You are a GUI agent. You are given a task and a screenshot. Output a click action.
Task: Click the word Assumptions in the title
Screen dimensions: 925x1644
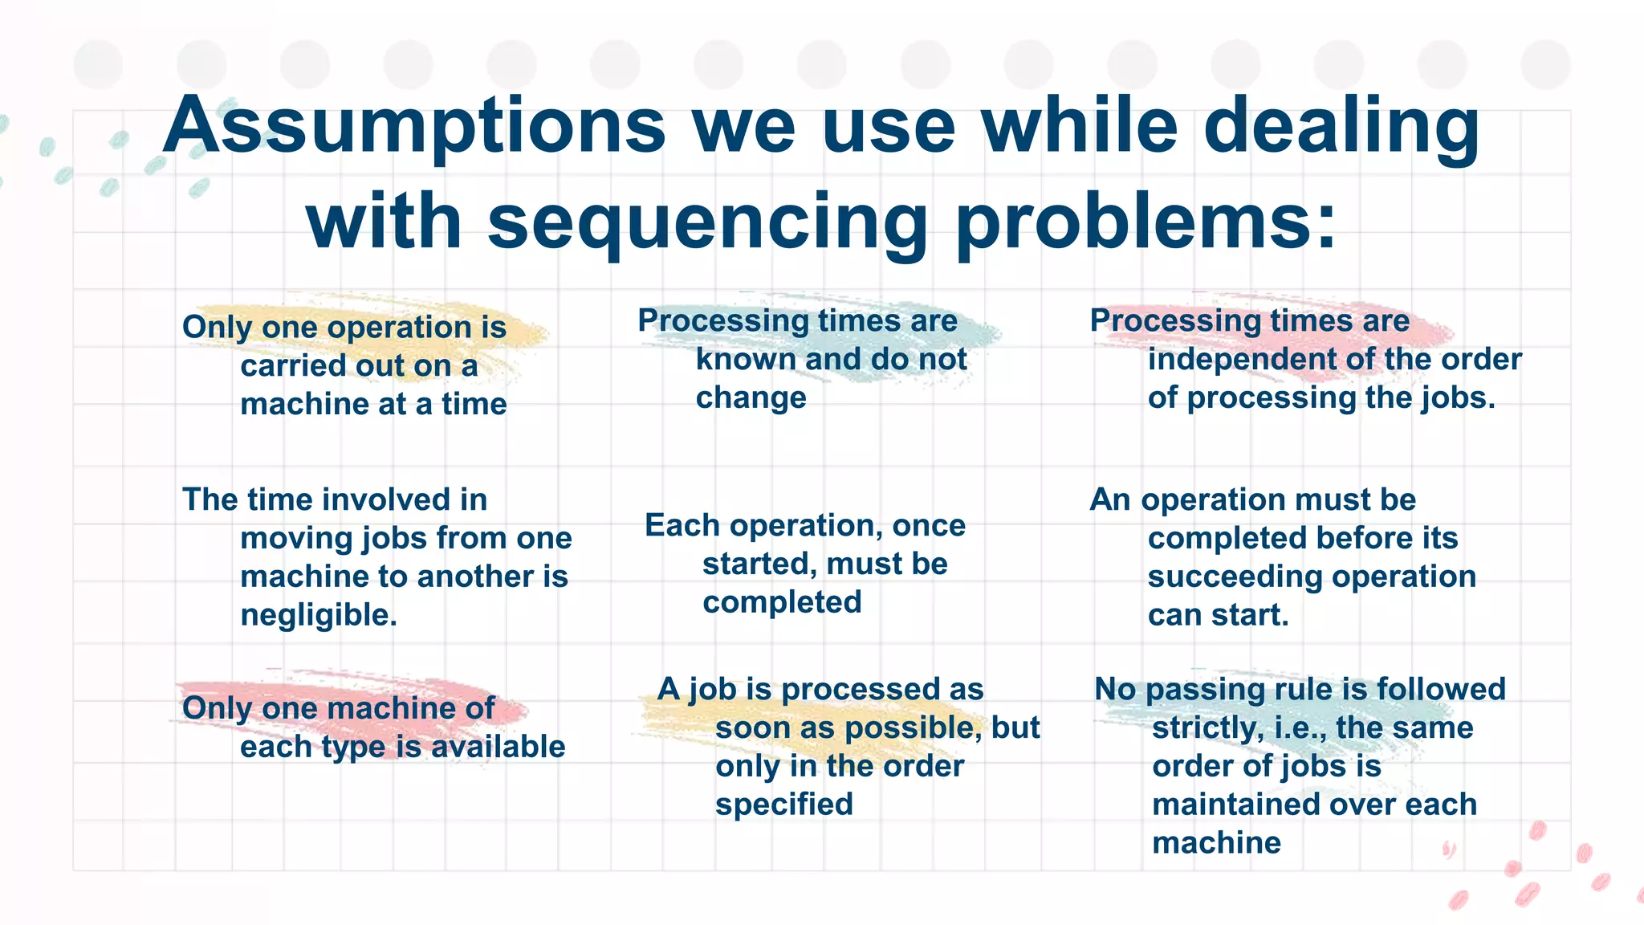(414, 127)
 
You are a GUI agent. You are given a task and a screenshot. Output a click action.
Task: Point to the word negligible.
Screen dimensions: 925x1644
(319, 616)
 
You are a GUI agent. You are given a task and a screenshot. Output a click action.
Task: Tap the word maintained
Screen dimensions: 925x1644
(1241, 805)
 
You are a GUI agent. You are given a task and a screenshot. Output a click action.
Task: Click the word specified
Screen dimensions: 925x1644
(783, 805)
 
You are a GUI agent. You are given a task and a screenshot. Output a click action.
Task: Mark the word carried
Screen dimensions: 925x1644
(282, 366)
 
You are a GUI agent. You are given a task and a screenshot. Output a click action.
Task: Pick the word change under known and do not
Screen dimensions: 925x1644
(751, 398)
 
